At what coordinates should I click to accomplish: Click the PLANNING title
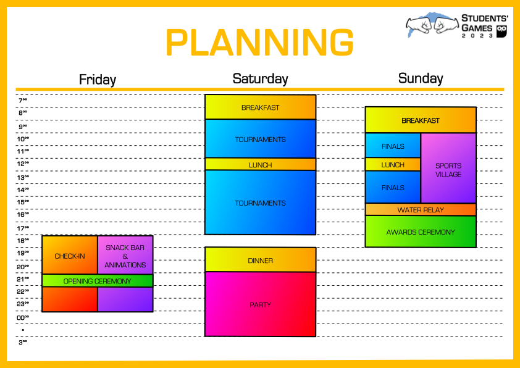259,43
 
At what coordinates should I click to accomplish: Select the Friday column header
98,80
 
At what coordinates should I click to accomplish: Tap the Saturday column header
261,79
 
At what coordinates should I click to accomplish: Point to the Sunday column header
421,78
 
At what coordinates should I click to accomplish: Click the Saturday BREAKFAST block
261,107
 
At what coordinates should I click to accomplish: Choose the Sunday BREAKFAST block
421,120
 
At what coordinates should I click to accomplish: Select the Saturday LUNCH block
261,164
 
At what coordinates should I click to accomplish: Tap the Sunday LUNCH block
393,164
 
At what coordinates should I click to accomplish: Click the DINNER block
261,260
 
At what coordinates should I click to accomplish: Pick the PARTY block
261,304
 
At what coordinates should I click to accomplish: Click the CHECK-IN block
70,255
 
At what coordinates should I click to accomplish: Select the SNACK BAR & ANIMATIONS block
125,255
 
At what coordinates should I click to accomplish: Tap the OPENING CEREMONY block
98,281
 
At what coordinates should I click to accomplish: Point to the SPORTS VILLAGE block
448,168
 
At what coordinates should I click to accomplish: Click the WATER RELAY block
421,209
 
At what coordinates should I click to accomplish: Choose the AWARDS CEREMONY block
421,232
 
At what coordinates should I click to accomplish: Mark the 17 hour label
23,228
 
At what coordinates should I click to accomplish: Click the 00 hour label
23,317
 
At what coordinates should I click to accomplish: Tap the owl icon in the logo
501,31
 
